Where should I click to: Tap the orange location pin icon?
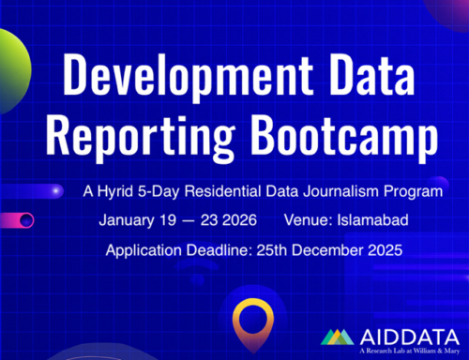(x=251, y=319)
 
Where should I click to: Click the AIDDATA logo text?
(x=402, y=336)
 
